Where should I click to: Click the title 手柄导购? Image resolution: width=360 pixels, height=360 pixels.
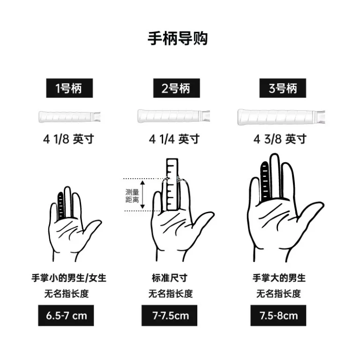178,38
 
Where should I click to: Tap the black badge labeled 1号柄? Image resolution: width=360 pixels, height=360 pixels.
69,88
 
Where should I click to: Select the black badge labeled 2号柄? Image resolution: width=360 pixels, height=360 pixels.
177,88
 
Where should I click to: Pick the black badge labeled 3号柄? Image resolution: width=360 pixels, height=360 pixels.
283,88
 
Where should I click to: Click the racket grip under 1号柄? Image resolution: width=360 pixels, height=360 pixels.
69,117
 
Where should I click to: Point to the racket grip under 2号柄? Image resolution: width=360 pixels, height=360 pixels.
173,116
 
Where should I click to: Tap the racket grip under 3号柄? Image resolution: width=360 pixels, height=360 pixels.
281,117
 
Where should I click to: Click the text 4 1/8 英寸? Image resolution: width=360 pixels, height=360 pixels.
68,139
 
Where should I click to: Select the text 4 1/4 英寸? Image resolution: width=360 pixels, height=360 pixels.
174,139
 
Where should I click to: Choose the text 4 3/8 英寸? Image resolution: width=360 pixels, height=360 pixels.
280,139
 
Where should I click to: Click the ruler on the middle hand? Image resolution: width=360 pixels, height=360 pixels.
172,184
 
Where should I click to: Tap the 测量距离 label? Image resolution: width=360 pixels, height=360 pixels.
132,196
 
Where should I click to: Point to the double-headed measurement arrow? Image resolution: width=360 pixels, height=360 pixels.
142,195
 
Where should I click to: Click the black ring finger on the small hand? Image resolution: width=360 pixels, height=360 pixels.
60,206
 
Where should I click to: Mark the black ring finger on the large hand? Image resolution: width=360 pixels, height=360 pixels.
265,180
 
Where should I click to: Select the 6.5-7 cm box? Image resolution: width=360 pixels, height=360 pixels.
66,315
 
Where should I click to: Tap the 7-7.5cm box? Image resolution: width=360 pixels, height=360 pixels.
169,315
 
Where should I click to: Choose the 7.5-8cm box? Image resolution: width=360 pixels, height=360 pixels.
278,315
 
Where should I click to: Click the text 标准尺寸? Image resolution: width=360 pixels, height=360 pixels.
170,278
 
